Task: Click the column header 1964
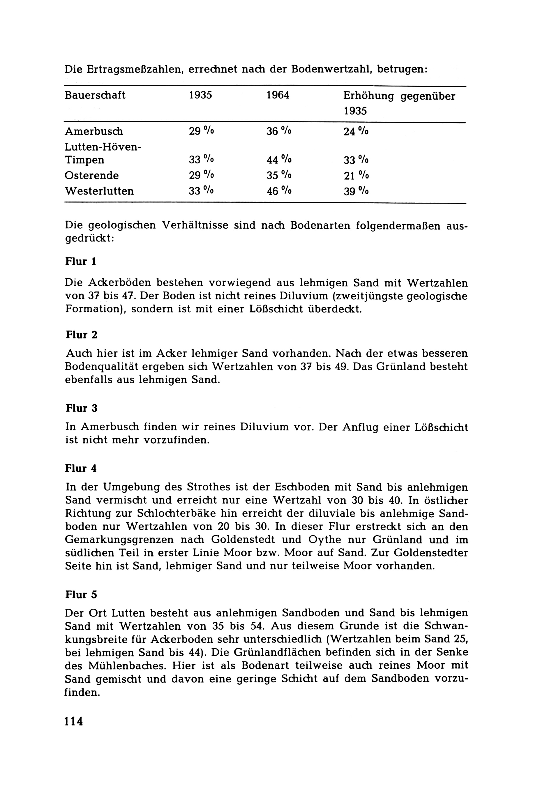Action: [278, 95]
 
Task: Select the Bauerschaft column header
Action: [95, 95]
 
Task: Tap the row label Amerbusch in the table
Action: [94, 132]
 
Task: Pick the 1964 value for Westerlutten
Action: [279, 191]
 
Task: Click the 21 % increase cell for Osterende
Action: [356, 176]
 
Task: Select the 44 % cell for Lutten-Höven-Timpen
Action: [279, 160]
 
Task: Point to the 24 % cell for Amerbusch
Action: [356, 132]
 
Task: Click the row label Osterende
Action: [92, 176]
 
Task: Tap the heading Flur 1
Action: [81, 262]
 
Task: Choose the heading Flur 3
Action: [81, 408]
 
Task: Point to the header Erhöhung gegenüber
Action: [399, 96]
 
